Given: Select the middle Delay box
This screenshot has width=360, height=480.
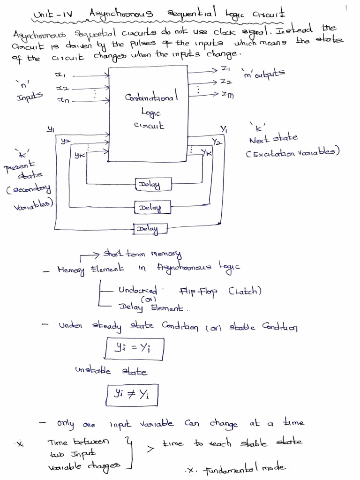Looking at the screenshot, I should tap(149, 207).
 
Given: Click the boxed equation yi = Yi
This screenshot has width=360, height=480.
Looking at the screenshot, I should tap(132, 348).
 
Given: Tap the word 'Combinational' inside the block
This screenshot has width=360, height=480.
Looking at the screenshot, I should tap(150, 98).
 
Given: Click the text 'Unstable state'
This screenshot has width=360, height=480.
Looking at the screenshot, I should tap(111, 371).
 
